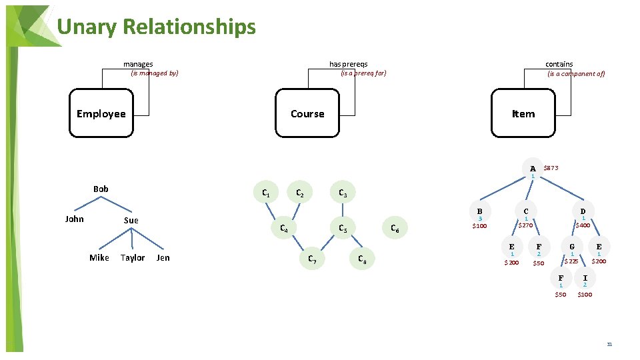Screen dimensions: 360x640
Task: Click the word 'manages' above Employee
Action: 138,64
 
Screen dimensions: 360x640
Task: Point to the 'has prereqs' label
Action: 348,64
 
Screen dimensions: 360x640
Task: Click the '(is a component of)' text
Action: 576,74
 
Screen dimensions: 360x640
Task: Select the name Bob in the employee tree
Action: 101,189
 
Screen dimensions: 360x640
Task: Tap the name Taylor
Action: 132,258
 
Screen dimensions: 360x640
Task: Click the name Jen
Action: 163,258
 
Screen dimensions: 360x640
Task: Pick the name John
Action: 75,219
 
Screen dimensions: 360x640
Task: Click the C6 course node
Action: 395,230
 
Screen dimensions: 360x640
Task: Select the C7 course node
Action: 311,259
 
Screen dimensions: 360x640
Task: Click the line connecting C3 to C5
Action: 343,211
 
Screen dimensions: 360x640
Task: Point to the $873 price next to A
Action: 551,168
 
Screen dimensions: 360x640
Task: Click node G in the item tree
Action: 571,247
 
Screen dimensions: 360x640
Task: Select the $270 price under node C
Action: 526,225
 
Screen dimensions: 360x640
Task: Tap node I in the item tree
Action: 585,278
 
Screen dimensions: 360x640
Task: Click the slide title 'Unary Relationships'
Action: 156,27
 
